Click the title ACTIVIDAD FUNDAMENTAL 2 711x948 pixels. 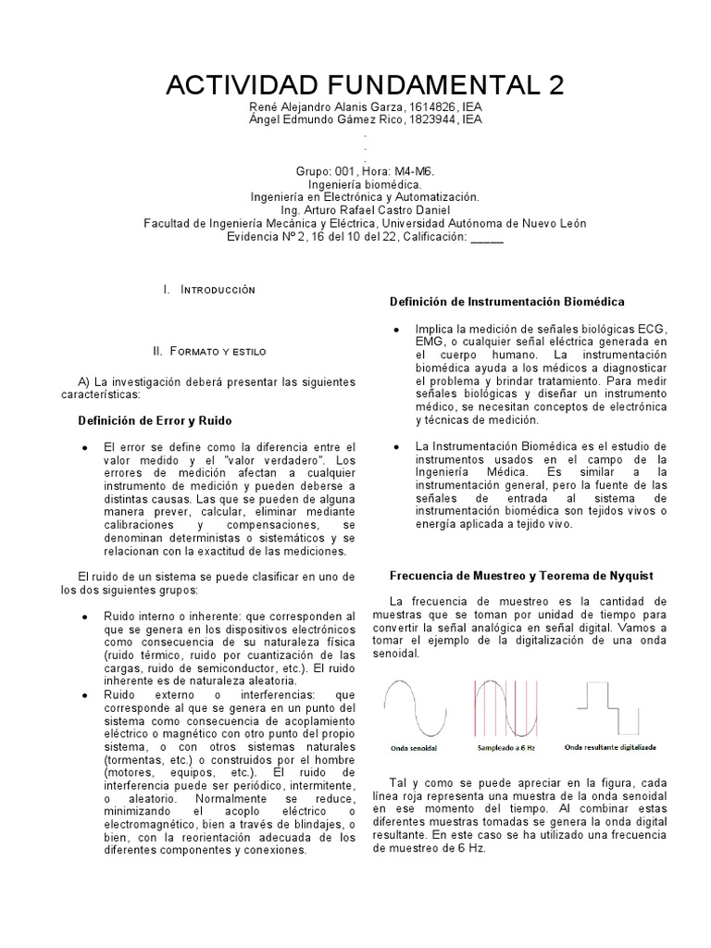(364, 85)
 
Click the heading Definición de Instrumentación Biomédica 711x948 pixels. (506, 302)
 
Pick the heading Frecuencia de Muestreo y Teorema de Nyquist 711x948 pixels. (521, 575)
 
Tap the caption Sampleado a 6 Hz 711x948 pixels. (505, 745)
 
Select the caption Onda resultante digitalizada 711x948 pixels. (611, 745)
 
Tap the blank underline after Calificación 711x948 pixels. (487, 237)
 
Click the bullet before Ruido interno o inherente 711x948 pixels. (85, 617)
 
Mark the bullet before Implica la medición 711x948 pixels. (396, 330)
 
